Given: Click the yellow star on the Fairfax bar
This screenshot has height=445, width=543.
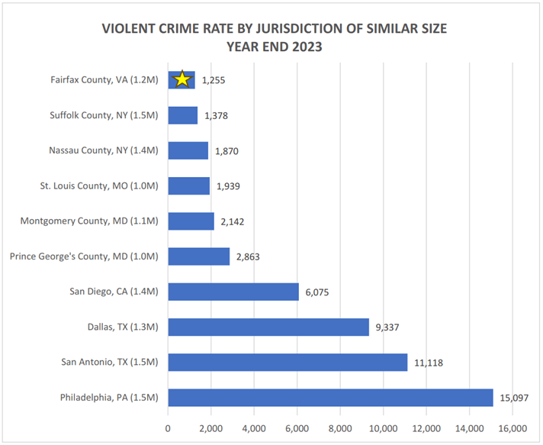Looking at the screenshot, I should pyautogui.click(x=182, y=79).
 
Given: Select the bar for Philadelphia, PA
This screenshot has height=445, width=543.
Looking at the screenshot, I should pyautogui.click(x=330, y=398).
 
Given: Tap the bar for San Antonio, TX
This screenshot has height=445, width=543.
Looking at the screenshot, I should pyautogui.click(x=288, y=363).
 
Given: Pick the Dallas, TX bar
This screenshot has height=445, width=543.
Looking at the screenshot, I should pyautogui.click(x=268, y=327).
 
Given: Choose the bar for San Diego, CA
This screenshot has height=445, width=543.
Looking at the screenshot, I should pyautogui.click(x=233, y=292).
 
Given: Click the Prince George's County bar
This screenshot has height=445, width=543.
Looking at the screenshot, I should pyautogui.click(x=198, y=256).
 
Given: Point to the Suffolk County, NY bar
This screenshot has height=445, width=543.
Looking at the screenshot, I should pyautogui.click(x=182, y=115).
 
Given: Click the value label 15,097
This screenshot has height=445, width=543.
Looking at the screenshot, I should pyautogui.click(x=514, y=398).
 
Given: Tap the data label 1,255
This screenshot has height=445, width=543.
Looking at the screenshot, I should pyautogui.click(x=214, y=80).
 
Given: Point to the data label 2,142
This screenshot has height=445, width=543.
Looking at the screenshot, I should pyautogui.click(x=233, y=221).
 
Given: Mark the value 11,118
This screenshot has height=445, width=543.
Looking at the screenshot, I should pyautogui.click(x=429, y=363).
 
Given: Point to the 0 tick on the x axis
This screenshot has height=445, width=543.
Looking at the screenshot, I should pyautogui.click(x=168, y=427).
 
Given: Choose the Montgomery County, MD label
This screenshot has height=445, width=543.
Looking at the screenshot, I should pyautogui.click(x=90, y=221).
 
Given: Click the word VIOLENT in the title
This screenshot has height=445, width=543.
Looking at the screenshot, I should pyautogui.click(x=131, y=29).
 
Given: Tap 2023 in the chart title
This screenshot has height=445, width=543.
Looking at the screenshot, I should pyautogui.click(x=306, y=46).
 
